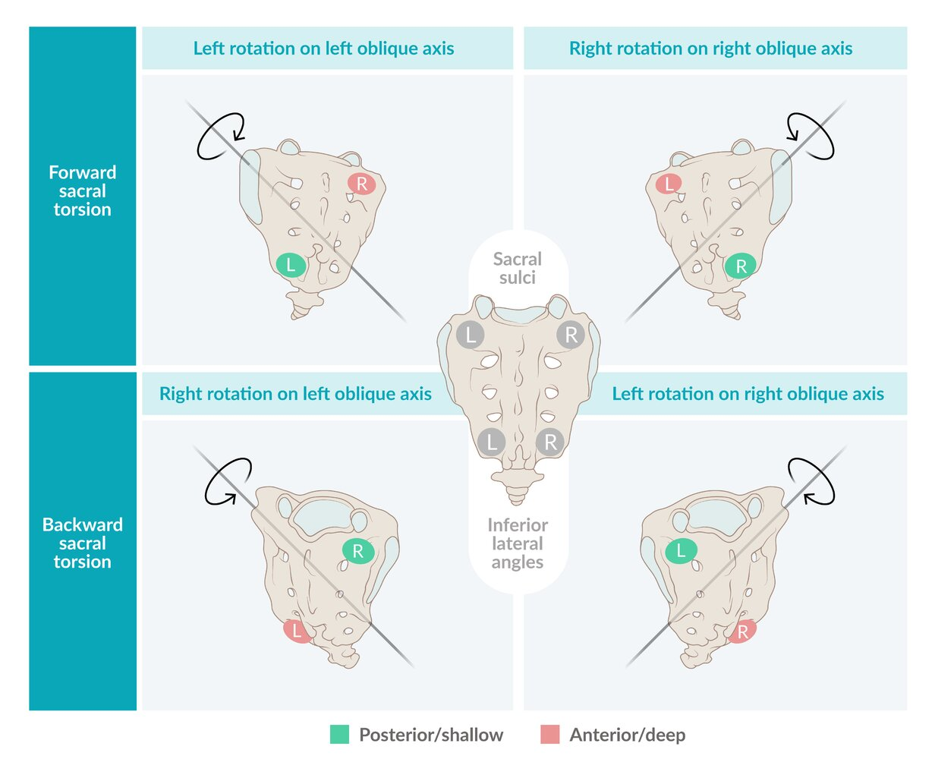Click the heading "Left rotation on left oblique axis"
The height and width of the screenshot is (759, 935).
[x=323, y=49]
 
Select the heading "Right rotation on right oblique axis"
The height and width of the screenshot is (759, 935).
[x=710, y=49]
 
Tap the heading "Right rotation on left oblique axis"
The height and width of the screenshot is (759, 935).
[x=295, y=394]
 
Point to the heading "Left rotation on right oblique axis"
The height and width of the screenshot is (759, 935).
[x=748, y=394]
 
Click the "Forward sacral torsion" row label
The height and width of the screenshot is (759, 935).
[x=82, y=191]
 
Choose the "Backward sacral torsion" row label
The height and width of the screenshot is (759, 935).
[x=82, y=543]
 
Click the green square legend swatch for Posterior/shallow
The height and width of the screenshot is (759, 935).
[x=340, y=734]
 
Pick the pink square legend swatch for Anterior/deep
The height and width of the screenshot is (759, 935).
[x=549, y=734]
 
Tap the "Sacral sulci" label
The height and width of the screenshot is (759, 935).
[x=518, y=268]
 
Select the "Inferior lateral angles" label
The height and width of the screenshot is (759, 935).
[x=518, y=543]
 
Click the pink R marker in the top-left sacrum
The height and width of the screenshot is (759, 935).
[x=362, y=184]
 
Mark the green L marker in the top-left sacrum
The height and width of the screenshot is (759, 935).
[x=291, y=265]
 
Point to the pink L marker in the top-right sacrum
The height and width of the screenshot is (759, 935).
[x=668, y=183]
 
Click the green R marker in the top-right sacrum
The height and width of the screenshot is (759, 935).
[x=741, y=266]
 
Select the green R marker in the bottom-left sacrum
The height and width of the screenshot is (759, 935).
[x=357, y=552]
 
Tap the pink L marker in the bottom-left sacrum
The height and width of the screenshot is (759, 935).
[x=297, y=631]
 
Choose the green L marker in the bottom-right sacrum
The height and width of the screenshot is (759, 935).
[x=681, y=551]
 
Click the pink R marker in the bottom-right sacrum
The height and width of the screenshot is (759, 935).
[x=741, y=631]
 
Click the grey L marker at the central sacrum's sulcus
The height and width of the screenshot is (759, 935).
[x=471, y=335]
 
